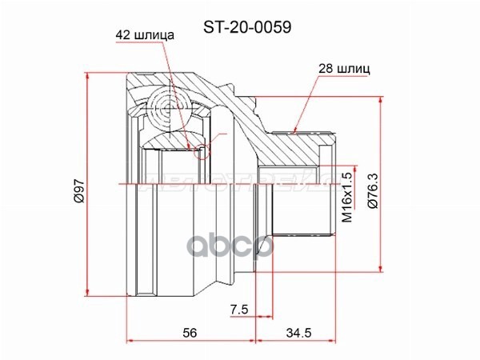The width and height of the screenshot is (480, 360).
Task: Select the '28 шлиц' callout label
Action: point(343,70)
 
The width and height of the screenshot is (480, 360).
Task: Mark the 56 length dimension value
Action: point(189,331)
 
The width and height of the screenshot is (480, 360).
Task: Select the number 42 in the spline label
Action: point(122,34)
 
